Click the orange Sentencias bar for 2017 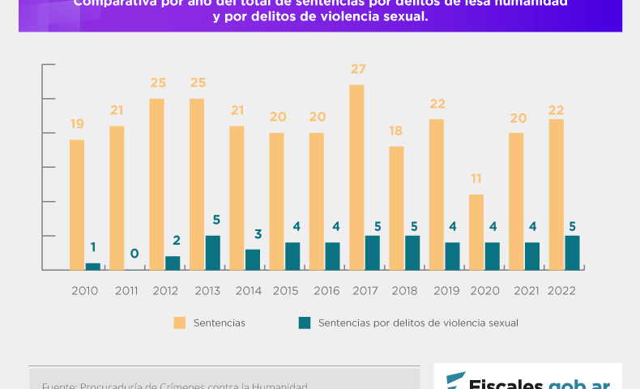(x=356, y=177)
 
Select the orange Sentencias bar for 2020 (x=476, y=232)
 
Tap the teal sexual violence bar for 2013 (x=212, y=253)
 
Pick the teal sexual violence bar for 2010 (x=93, y=266)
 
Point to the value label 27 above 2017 (x=358, y=69)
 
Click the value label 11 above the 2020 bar (x=476, y=178)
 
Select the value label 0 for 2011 (x=134, y=254)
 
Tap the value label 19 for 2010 (x=77, y=124)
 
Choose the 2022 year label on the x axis (x=562, y=290)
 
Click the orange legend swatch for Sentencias (x=179, y=323)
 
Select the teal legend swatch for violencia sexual (x=305, y=323)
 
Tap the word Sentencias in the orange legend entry (x=219, y=323)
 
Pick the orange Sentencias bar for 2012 (x=156, y=184)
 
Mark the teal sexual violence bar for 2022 (x=572, y=253)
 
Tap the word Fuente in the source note (x=57, y=386)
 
